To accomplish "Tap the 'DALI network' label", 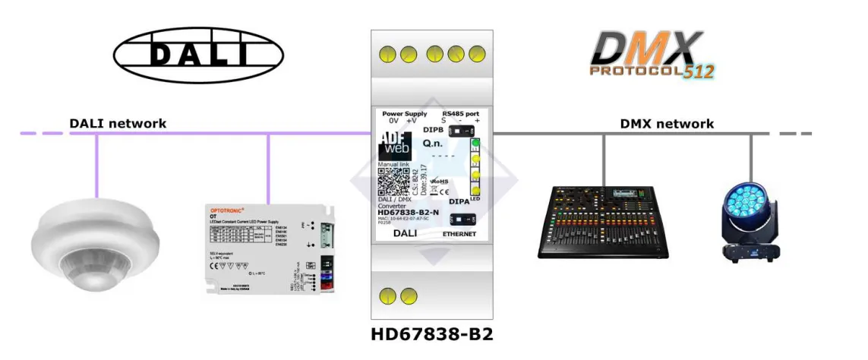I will point(118,123).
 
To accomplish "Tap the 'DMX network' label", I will point(667,124).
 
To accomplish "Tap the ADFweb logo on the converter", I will point(394,146).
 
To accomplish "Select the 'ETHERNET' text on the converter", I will point(459,235).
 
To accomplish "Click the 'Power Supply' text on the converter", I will point(404,114).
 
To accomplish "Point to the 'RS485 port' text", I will point(462,114).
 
